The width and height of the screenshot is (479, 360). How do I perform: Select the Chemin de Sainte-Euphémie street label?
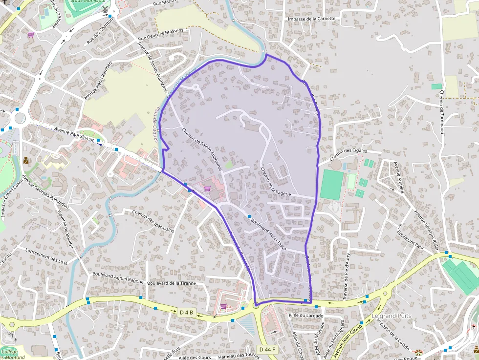[x=202, y=148]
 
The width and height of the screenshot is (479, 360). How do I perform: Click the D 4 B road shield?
[x=187, y=312]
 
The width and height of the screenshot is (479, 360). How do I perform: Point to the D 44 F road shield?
[x=268, y=349]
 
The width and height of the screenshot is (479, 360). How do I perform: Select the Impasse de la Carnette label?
[x=312, y=19]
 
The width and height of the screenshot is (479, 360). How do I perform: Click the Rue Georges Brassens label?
[x=161, y=35]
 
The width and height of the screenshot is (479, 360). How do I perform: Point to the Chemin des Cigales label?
[x=348, y=155]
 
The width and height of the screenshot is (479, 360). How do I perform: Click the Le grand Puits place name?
[x=391, y=316]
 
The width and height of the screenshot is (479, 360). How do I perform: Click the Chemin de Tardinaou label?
[x=442, y=112]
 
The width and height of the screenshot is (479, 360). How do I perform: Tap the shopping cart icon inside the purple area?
[x=207, y=188]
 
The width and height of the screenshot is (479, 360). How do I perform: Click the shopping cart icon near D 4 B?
[x=223, y=306]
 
